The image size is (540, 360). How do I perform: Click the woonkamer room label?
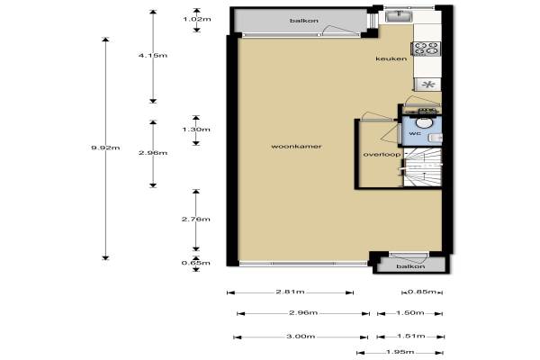coord(296,147)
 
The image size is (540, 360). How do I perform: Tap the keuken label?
coord(391,58)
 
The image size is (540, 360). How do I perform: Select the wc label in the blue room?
coord(415,133)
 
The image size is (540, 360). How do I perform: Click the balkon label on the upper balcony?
coord(304,21)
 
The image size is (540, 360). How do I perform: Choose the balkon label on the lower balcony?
coord(410,266)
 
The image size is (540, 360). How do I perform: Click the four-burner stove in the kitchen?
coord(426,49)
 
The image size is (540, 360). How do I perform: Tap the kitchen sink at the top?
coord(399,16)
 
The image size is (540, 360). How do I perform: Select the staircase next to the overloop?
coord(422,167)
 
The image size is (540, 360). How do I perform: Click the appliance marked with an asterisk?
coord(427,85)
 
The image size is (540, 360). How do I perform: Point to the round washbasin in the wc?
coord(424,122)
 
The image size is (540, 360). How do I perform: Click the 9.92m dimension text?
coord(105,148)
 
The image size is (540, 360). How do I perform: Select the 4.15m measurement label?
coord(153,56)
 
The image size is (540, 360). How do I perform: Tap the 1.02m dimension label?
coord(196,19)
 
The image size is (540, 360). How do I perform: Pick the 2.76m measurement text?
coord(195,220)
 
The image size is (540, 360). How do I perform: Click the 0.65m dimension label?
coord(195,263)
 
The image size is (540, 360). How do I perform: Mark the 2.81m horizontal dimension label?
coord(290,292)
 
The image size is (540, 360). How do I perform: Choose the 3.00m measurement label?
coord(301,337)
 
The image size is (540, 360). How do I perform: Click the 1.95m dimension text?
coord(400,352)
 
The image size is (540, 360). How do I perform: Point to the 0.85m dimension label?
coord(422,292)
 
